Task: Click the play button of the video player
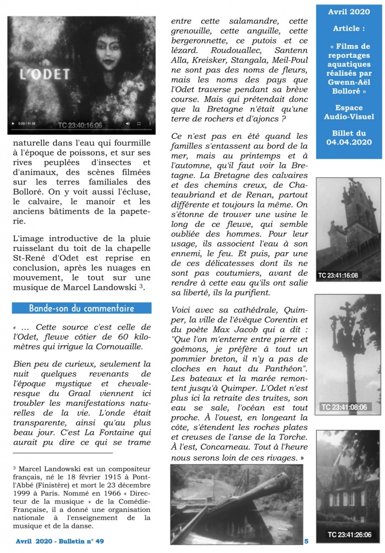coord(13,125)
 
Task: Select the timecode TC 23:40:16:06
coord(80,125)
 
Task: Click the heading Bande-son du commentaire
coord(81,309)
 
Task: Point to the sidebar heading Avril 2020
coord(349,12)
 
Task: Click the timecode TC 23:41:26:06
coord(349,534)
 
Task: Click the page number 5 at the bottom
coord(306,541)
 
